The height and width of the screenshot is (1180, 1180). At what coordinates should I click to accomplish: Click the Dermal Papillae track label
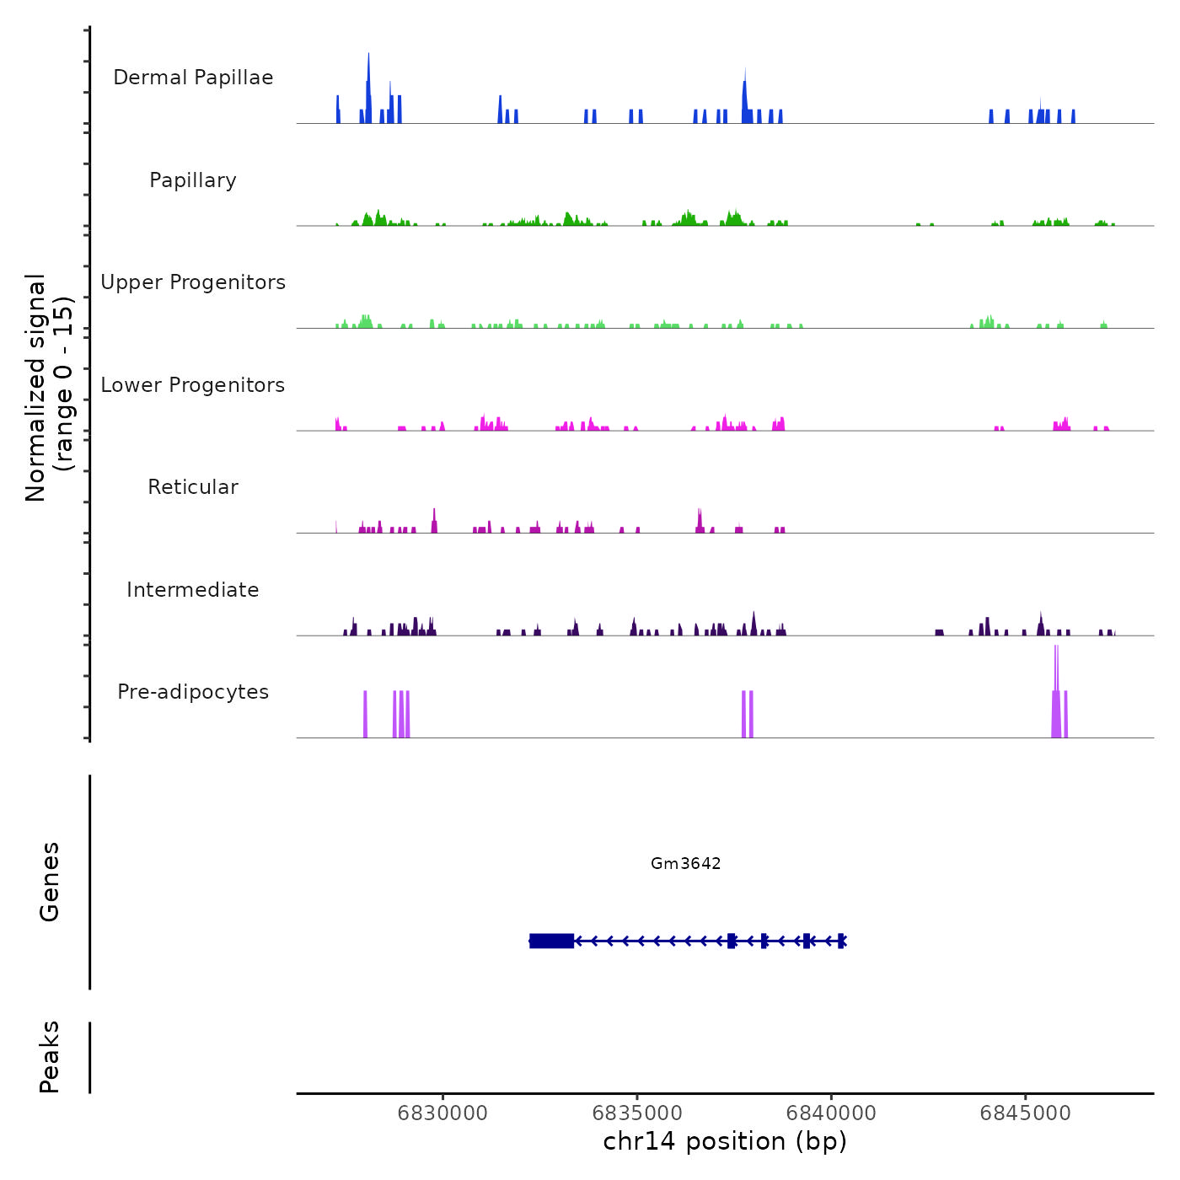193,78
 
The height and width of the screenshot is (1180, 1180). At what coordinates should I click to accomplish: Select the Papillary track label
193,180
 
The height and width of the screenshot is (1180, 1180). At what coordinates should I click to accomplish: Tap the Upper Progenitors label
193,282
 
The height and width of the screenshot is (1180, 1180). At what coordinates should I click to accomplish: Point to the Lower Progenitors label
193,385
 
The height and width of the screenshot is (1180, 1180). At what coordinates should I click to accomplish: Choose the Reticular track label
193,487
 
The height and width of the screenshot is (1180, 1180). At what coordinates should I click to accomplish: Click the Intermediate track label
193,590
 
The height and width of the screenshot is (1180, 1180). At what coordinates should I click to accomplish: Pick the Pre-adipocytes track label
193,692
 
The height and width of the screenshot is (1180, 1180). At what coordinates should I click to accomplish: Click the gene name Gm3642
685,863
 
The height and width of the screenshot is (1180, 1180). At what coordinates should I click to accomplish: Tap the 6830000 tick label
442,1113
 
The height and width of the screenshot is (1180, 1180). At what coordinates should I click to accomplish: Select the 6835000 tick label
637,1113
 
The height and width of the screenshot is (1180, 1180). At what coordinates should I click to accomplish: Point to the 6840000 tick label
831,1113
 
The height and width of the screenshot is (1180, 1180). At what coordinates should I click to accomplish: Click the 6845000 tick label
1025,1113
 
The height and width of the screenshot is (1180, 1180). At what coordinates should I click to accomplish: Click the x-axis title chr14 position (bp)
725,1141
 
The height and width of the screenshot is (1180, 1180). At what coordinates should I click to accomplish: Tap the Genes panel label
50,882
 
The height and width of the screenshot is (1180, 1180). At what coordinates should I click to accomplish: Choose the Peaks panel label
50,1057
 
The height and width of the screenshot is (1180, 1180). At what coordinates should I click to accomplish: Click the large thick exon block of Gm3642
552,941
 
